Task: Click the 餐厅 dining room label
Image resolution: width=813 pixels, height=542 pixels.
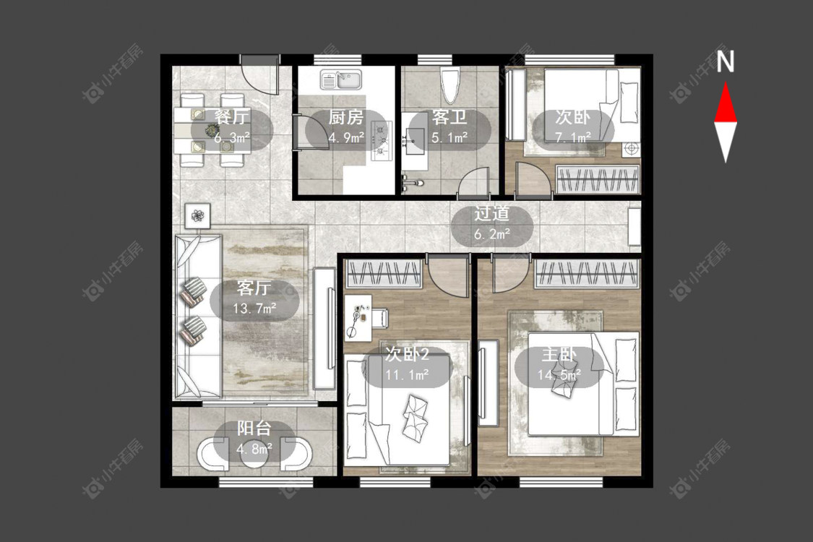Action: pyautogui.click(x=231, y=117)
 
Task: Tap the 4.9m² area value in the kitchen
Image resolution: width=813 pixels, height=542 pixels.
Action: pyautogui.click(x=346, y=137)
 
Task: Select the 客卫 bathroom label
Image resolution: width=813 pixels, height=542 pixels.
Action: pyautogui.click(x=449, y=117)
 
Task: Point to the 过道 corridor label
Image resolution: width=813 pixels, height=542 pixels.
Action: pyautogui.click(x=491, y=214)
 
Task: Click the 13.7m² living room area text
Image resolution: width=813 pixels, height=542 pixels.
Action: pyautogui.click(x=254, y=309)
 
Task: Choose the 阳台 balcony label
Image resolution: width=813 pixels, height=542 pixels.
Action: pyautogui.click(x=254, y=429)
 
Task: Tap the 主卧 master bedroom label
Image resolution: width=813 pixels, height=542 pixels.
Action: pyautogui.click(x=559, y=355)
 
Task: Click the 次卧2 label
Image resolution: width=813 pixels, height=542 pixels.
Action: pyautogui.click(x=407, y=354)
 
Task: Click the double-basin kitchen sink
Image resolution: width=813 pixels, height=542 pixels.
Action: pyautogui.click(x=340, y=80)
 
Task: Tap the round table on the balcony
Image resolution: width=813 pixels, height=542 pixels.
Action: pyautogui.click(x=254, y=455)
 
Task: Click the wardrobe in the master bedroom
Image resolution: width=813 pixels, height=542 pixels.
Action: pyautogui.click(x=586, y=273)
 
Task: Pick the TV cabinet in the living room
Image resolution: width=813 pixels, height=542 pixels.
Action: pyautogui.click(x=324, y=329)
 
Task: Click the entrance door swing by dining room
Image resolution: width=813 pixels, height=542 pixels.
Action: pyautogui.click(x=260, y=78)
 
